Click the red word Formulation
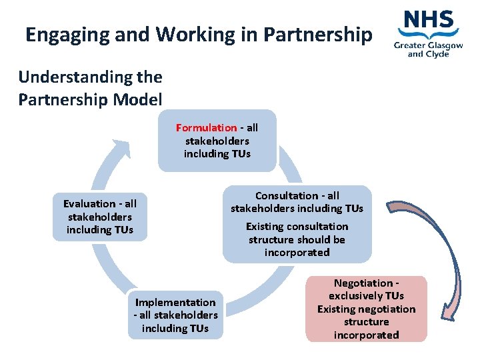(206, 127)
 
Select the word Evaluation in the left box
(89, 204)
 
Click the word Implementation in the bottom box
(175, 302)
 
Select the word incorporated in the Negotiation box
(366, 335)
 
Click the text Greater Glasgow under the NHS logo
(427, 45)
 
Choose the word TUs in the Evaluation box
(119, 230)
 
